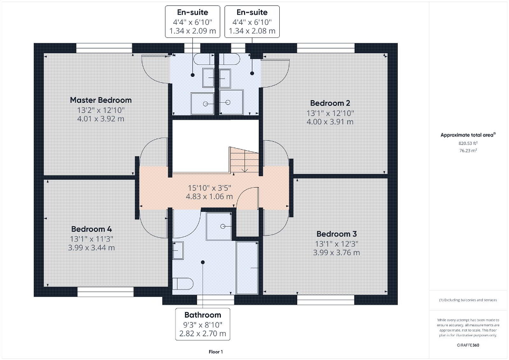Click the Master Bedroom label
point(101,100)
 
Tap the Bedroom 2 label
point(330,103)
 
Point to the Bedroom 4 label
point(91,229)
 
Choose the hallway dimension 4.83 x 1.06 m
point(209,197)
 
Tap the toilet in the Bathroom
point(180,284)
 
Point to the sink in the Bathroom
point(178,250)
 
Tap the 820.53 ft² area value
point(468,143)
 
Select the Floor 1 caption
point(215,352)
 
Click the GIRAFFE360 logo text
point(468,344)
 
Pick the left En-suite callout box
point(192,22)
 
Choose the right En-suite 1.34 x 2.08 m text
point(252,31)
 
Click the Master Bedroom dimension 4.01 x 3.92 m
point(101,119)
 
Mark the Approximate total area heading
point(468,135)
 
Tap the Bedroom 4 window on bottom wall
point(105,291)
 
